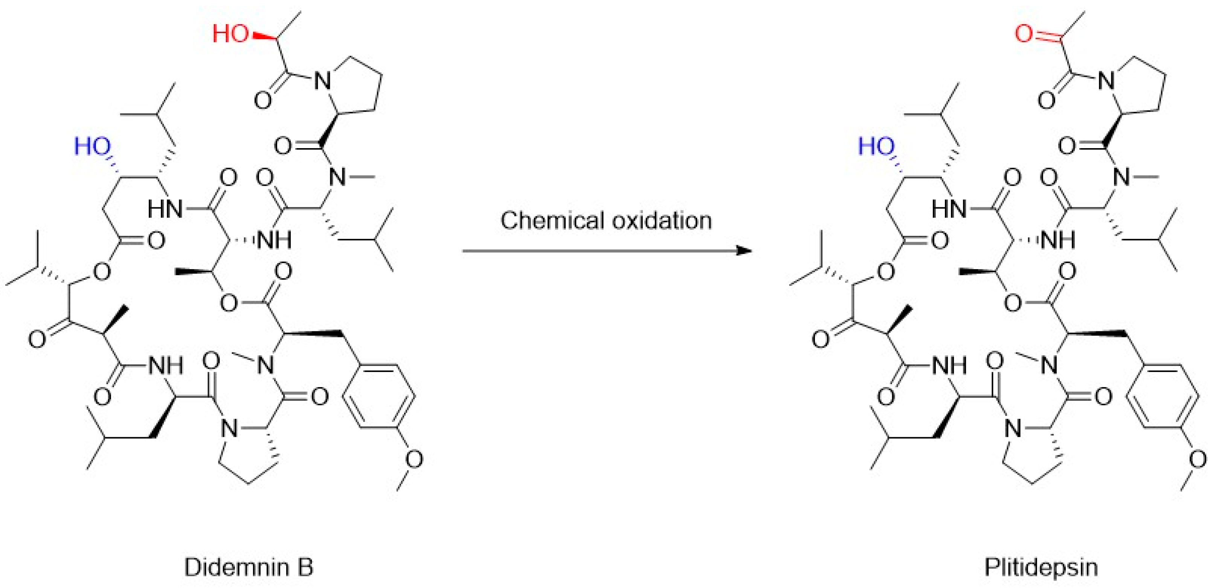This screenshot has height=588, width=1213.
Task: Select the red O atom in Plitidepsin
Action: click(1024, 34)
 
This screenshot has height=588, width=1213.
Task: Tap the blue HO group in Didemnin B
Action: click(92, 147)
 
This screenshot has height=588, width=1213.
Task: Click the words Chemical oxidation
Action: click(606, 220)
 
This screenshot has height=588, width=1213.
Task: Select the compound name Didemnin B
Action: click(248, 567)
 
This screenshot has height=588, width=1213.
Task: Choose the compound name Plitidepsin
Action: click(1041, 567)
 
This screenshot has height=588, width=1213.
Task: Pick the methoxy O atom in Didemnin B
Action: click(413, 459)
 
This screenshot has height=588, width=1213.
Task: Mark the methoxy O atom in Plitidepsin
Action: click(1197, 459)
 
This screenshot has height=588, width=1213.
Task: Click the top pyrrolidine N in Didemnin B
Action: click(323, 81)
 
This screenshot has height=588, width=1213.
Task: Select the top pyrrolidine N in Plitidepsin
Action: click(1106, 81)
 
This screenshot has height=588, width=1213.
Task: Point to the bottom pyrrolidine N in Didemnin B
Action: click(229, 428)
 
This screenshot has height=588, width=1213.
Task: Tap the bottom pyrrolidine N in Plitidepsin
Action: click(1013, 428)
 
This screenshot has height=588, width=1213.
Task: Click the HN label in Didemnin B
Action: click(165, 209)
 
